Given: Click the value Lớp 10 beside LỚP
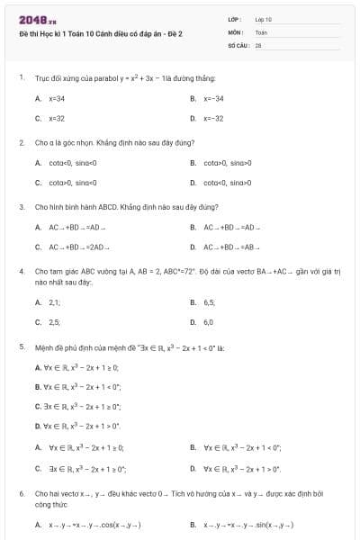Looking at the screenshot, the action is [263, 19].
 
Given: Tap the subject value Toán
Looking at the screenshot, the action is [261, 31].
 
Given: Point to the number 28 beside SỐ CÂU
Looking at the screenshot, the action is [258, 44].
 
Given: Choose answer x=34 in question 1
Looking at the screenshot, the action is [57, 98].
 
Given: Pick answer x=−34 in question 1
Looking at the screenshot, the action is [213, 98].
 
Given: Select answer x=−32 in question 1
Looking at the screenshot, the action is [213, 118].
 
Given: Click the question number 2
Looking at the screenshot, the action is [21, 142].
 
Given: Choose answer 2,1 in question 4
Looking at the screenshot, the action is [55, 301].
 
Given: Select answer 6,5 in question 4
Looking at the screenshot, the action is [209, 301].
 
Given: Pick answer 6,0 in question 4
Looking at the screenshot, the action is [209, 321].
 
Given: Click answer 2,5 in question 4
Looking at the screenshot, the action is [55, 321].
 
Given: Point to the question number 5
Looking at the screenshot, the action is [21, 346].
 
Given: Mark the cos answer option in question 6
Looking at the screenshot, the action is [94, 525].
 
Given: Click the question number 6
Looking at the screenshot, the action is [21, 493].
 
